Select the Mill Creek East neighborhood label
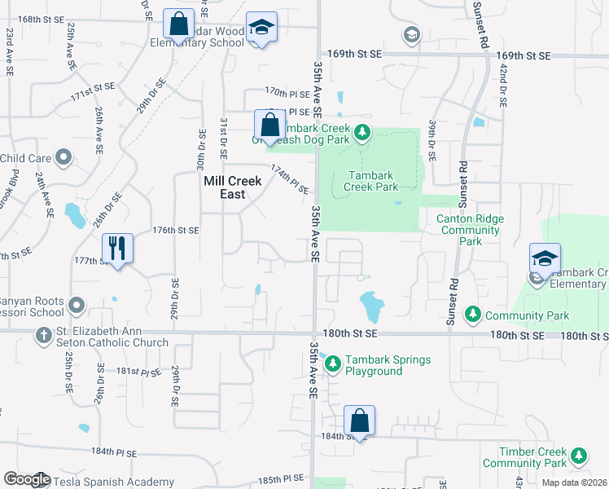(x=232, y=188)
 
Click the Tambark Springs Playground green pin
(x=332, y=364)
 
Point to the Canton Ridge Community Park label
(x=470, y=230)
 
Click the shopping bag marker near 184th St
(x=359, y=421)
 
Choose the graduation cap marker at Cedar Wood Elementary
(x=261, y=27)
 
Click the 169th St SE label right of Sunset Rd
(x=523, y=55)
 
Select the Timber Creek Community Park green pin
(x=579, y=456)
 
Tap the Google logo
(x=27, y=479)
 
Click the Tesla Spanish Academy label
(x=113, y=482)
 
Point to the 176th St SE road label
(x=176, y=231)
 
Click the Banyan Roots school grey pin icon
(x=77, y=306)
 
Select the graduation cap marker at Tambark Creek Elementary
(x=545, y=258)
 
